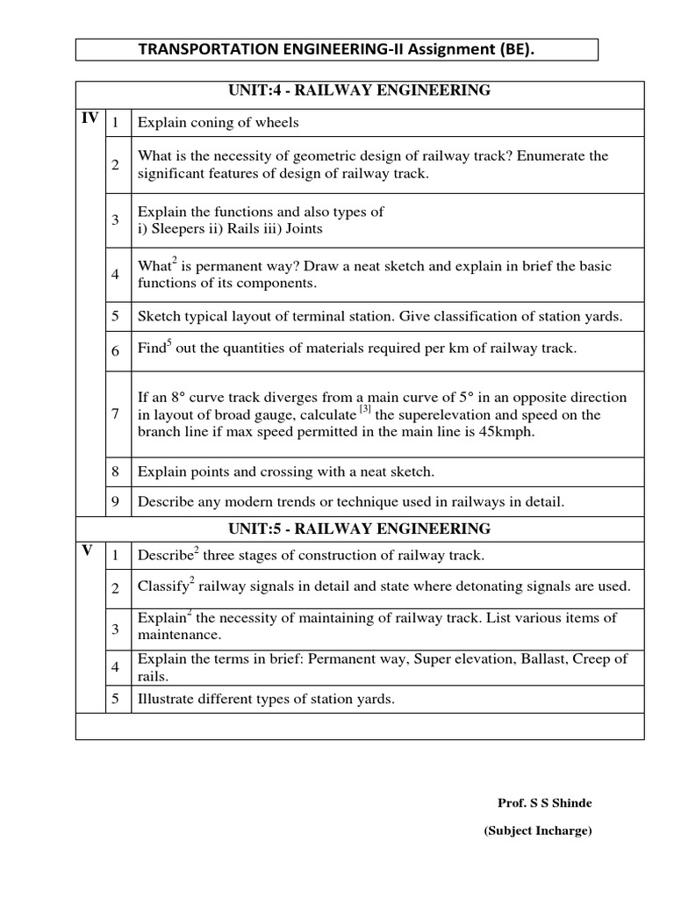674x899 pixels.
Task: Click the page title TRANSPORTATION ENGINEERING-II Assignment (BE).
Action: (x=336, y=50)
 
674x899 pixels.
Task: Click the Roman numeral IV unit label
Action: (x=90, y=119)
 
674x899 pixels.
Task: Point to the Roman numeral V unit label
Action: (x=87, y=551)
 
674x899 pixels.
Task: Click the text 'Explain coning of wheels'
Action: (x=219, y=123)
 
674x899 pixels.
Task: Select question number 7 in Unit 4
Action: (x=115, y=414)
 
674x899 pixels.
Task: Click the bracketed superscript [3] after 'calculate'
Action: (x=365, y=409)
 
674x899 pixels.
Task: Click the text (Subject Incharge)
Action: (x=538, y=831)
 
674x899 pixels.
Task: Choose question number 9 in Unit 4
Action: (x=115, y=502)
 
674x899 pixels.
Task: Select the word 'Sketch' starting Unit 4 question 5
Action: (x=159, y=316)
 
